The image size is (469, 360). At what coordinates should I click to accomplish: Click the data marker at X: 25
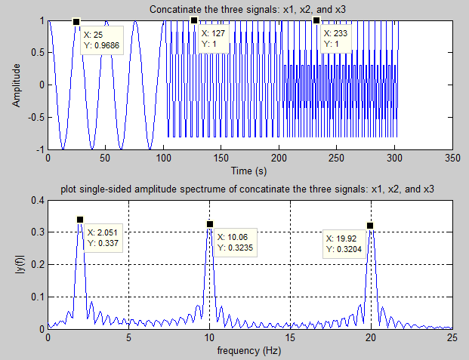pyautogui.click(x=76, y=23)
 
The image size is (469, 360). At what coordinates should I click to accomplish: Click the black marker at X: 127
pyautogui.click(x=194, y=21)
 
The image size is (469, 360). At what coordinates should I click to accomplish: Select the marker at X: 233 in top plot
pyautogui.click(x=316, y=21)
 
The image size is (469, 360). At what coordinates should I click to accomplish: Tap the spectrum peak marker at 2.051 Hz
pyautogui.click(x=80, y=220)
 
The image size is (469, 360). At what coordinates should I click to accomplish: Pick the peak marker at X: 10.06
pyautogui.click(x=210, y=224)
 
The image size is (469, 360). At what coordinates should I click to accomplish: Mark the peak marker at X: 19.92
pyautogui.click(x=370, y=226)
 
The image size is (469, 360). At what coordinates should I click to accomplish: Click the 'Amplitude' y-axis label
pyautogui.click(x=17, y=85)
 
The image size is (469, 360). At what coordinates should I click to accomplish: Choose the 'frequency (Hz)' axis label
pyautogui.click(x=250, y=351)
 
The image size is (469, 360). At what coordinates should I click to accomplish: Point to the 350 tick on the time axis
pyautogui.click(x=452, y=158)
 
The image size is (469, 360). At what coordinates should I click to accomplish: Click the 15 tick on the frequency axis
pyautogui.click(x=290, y=338)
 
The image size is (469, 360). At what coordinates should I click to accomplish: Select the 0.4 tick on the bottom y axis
pyautogui.click(x=35, y=200)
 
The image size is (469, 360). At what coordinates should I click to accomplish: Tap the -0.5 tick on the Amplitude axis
pyautogui.click(x=33, y=118)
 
